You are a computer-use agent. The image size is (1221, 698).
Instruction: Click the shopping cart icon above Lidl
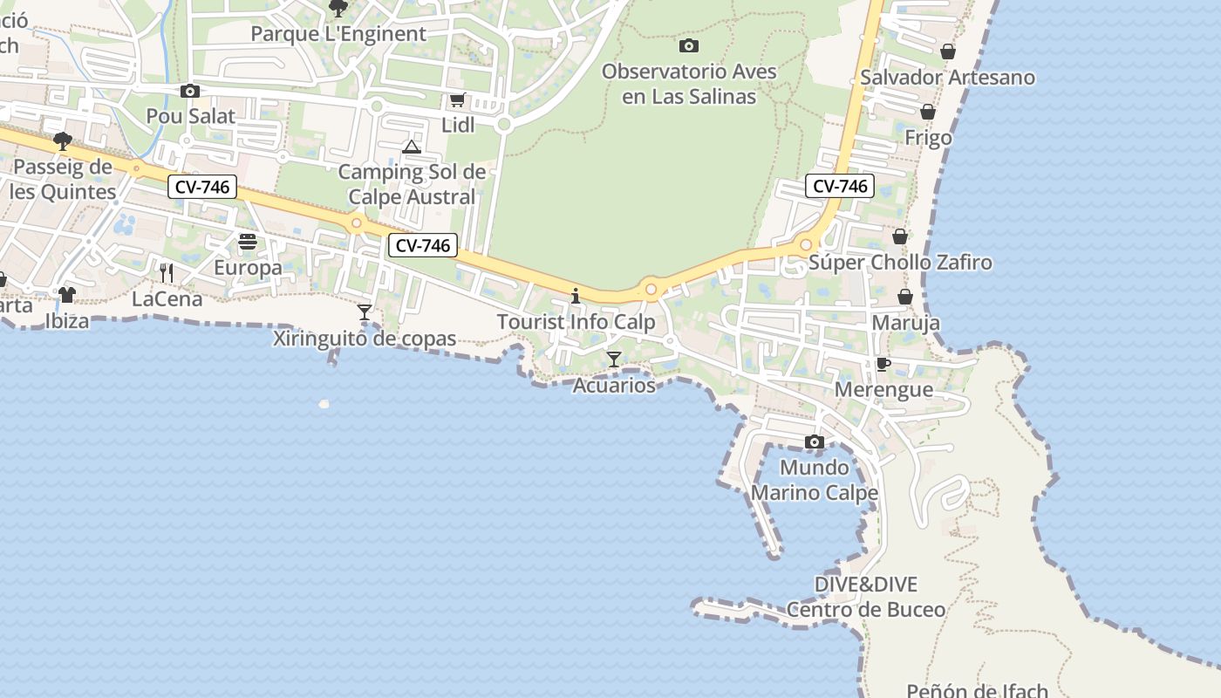click(457, 100)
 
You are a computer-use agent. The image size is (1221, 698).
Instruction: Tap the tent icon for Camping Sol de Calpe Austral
click(412, 147)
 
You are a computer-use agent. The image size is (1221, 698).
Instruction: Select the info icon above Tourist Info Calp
click(576, 297)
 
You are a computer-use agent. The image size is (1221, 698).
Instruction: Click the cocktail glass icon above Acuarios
click(614, 359)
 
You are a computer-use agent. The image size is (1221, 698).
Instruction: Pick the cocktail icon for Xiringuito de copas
click(365, 311)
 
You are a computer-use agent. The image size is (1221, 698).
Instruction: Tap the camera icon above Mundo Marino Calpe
click(815, 442)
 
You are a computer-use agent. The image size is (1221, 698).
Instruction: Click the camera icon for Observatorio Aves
click(689, 46)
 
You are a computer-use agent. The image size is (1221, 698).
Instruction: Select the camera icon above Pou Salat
click(190, 92)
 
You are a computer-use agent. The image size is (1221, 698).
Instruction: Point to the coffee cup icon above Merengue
click(883, 364)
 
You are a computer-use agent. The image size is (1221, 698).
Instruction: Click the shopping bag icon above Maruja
click(906, 298)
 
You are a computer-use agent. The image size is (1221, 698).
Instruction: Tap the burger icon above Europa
click(248, 242)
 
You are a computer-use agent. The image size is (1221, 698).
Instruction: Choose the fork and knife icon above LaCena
click(167, 273)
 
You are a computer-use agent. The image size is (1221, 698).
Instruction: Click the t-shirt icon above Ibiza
click(67, 294)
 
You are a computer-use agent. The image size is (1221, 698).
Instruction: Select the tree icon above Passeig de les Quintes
click(62, 141)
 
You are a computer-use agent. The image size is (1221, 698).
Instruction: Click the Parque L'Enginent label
click(338, 34)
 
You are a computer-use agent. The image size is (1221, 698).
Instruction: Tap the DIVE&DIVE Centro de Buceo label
click(866, 597)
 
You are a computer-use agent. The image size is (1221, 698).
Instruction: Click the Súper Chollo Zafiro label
click(900, 263)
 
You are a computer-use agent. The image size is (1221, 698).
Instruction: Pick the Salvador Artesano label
click(947, 78)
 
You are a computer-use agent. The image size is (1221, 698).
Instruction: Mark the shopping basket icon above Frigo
click(928, 112)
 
